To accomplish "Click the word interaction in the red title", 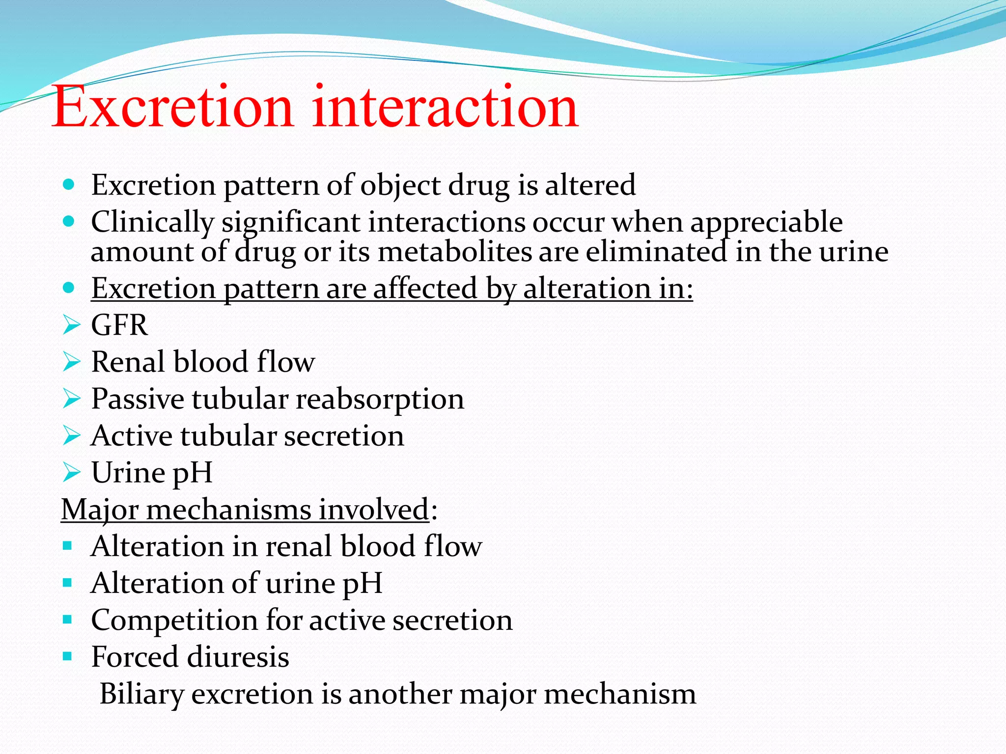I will coord(445,107).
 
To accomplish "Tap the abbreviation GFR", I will coord(119,325).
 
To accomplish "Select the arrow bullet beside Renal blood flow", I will coord(71,362).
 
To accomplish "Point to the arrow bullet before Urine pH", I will coord(71,473).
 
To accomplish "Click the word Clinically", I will coord(152,222).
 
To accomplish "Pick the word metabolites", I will coord(454,252).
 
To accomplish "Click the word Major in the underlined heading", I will coord(100,510).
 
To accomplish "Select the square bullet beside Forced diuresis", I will coord(68,656).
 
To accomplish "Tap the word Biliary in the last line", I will coord(141,694).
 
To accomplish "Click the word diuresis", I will coord(238,657).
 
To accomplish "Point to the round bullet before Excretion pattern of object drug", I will coord(69,185).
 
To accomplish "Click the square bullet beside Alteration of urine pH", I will coord(68,583).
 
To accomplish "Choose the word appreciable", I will coord(766,222).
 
